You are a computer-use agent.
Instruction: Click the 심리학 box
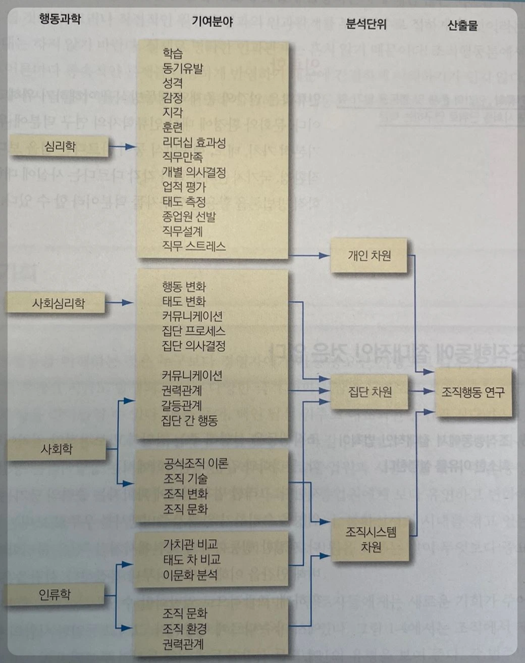point(60,147)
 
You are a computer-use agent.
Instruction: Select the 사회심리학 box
point(58,303)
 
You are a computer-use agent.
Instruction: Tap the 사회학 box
point(57,449)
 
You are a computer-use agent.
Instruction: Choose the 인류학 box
point(55,594)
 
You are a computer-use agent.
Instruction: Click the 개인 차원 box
point(369,256)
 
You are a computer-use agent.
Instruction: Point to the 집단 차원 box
point(370,392)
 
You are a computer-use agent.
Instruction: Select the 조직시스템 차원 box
point(371,539)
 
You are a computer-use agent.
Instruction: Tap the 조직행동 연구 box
point(473,392)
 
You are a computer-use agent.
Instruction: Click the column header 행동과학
point(60,19)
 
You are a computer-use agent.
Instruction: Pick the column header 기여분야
point(212,21)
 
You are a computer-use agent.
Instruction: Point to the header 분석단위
point(366,24)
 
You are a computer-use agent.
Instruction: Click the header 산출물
point(462,25)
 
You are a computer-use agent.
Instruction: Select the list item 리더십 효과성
point(194,143)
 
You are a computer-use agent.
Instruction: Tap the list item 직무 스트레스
point(194,246)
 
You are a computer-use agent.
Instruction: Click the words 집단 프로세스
point(193,331)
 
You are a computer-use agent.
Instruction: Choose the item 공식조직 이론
point(196,463)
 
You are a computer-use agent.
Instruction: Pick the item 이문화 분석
point(190,575)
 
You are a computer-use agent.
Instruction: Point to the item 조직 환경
point(185,629)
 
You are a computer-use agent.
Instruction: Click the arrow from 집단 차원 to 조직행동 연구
point(422,391)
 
